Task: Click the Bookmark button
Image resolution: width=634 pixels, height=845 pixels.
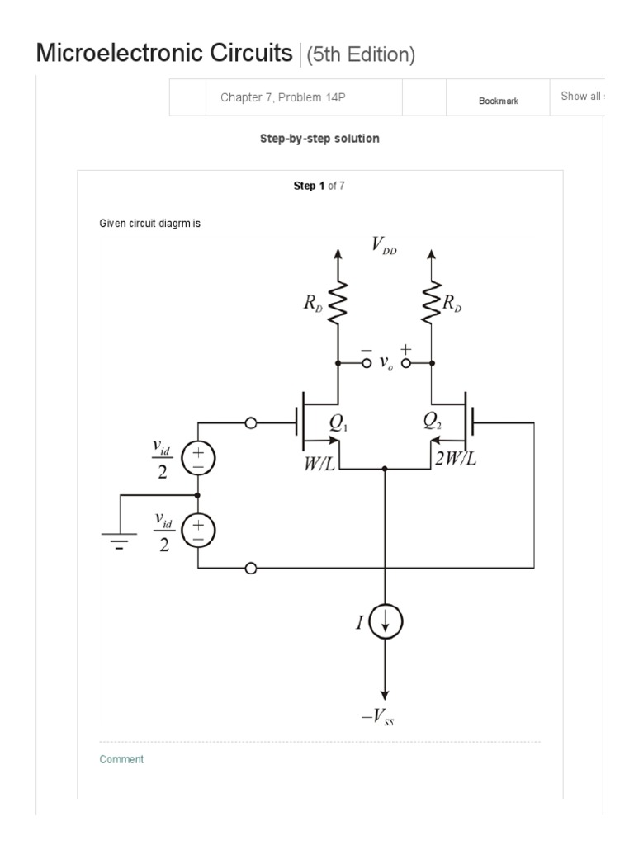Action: coord(498,101)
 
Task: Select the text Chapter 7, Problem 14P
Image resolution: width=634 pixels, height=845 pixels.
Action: coord(282,97)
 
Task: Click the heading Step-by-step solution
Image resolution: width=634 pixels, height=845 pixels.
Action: coord(319,139)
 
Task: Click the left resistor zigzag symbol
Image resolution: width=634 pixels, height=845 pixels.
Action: coord(338,304)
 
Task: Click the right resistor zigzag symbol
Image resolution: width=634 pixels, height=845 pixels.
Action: coord(431,304)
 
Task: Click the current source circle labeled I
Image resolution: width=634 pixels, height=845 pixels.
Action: coord(384,623)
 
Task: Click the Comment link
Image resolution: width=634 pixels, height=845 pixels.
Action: coord(121,759)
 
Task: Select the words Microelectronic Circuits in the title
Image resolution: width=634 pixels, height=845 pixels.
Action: coord(164,54)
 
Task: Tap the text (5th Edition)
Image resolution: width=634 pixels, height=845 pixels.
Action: coord(360,55)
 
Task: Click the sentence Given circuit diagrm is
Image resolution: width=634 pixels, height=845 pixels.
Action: coord(150,224)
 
